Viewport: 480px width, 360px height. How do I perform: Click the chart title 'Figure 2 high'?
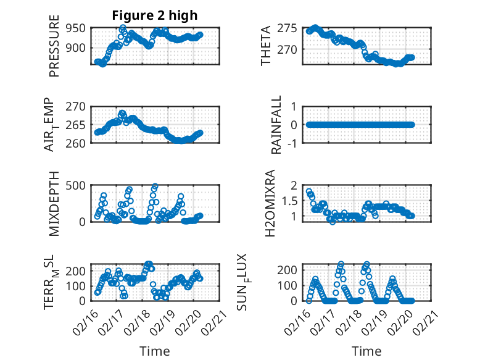pos(154,15)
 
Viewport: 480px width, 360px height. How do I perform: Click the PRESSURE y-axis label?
pos(54,49)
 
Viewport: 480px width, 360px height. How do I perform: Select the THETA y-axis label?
pos(266,46)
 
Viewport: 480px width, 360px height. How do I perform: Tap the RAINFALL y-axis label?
pos(277,125)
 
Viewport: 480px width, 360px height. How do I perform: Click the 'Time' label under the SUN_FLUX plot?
pos(366,351)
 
